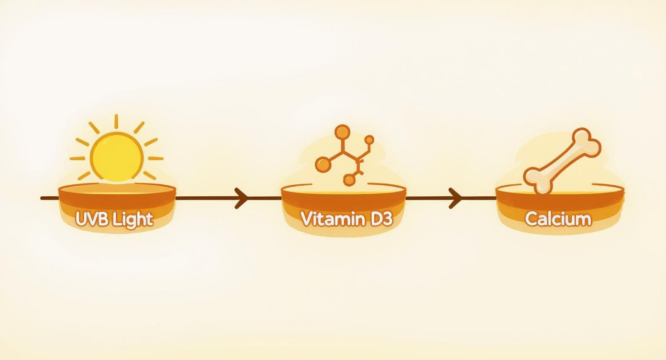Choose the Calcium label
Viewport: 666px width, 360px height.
tap(558, 219)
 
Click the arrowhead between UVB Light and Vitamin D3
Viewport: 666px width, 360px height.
tap(242, 198)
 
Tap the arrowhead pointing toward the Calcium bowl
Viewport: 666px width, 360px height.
tap(456, 198)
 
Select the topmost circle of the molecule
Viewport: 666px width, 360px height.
tap(342, 132)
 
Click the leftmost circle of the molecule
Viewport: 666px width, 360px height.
tap(323, 165)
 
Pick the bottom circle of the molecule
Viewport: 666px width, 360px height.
tap(350, 180)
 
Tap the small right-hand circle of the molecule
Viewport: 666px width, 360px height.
tap(369, 140)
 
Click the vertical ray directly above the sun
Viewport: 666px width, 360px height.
tap(116, 122)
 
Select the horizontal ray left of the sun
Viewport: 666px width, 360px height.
tap(77, 158)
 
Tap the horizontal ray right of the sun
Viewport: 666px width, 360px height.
tap(155, 158)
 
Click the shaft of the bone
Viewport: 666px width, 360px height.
tap(563, 160)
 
